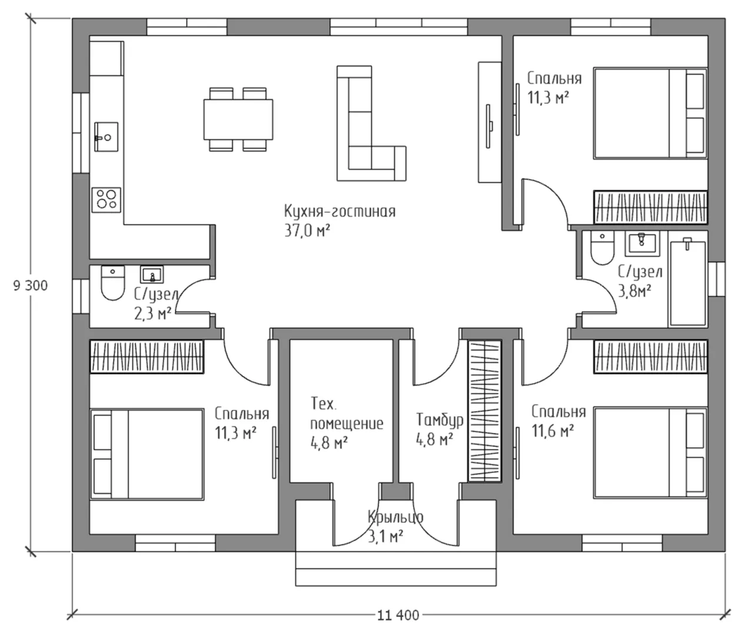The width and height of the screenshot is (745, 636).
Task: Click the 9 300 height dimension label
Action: point(31,286)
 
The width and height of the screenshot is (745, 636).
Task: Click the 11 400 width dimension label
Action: point(398,615)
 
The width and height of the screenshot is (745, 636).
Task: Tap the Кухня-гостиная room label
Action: point(340,211)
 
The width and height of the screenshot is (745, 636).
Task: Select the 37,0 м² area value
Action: point(307,231)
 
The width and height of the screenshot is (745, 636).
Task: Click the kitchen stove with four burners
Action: point(106,200)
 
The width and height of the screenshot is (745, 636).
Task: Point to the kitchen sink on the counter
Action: point(107,137)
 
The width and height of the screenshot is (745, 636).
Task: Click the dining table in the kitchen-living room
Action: point(238,119)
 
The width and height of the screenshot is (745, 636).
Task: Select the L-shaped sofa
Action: point(371,124)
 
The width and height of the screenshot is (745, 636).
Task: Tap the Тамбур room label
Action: point(440,420)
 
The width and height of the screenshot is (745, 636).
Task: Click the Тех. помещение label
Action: point(347,414)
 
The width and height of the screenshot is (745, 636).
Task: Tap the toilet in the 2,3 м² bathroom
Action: point(113,283)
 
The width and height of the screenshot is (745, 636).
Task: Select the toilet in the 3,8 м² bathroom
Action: point(602,248)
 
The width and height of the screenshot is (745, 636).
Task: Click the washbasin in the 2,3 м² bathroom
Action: point(152,274)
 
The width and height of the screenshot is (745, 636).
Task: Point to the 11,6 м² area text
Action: point(553,431)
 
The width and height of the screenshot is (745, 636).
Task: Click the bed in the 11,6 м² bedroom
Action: point(651,453)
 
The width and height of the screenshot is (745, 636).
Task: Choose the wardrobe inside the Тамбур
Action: point(485,411)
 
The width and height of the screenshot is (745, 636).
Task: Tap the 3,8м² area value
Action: point(635,291)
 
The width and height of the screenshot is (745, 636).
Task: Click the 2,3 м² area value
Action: point(152,314)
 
